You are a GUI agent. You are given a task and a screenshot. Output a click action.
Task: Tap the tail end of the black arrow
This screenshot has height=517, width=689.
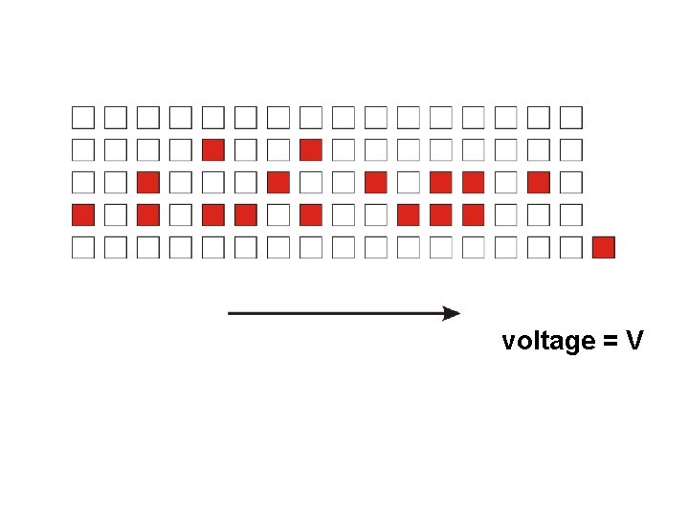coord(230,313)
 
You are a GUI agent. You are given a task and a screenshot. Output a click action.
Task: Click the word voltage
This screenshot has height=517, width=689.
coord(548,341)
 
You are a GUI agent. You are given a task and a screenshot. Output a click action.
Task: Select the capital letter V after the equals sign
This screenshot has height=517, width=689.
coord(634,340)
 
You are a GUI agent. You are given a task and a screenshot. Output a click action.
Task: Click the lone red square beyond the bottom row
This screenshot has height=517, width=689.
coord(603,248)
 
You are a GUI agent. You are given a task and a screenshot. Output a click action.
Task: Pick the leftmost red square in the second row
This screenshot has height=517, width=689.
coord(213,150)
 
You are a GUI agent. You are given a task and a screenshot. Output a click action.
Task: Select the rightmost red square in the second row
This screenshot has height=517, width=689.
coord(310,150)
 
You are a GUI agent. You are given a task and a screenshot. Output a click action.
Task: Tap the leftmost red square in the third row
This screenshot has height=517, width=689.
coord(148,183)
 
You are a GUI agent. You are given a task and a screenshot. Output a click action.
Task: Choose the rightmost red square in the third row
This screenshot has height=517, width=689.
coord(539,183)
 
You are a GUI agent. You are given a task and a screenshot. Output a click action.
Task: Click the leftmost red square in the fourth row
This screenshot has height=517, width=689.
coord(83,215)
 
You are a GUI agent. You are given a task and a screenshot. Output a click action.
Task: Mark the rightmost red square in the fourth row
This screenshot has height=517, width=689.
coord(474,215)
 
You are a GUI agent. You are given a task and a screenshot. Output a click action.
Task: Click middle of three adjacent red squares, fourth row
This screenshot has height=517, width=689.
coord(441,215)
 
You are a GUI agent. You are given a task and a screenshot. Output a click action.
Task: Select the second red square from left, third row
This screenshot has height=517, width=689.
coord(278,183)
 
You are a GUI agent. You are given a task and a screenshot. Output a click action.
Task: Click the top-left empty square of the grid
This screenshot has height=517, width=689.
coord(83,118)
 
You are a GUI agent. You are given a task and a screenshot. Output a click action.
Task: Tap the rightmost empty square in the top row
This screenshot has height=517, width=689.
coord(571,118)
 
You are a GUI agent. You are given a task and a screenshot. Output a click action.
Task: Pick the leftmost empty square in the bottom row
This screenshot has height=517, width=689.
coord(83,248)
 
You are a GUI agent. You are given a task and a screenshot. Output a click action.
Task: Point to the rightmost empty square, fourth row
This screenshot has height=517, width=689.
coord(571,215)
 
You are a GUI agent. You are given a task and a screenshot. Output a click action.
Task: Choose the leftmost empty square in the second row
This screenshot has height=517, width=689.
coord(83,150)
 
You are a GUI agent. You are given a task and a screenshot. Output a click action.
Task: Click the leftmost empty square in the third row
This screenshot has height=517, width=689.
coord(83,183)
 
